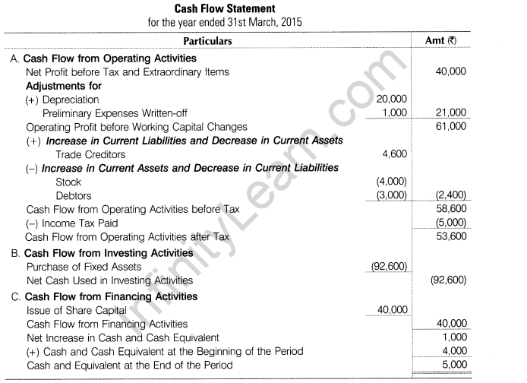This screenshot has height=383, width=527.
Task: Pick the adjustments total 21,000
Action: tap(451, 112)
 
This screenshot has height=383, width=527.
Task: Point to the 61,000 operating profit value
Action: tap(451, 126)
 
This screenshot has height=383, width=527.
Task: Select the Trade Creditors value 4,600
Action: tap(395, 154)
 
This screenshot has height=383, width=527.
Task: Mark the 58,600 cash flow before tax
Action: tap(451, 208)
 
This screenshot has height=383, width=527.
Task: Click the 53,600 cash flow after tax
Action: tap(451, 236)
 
